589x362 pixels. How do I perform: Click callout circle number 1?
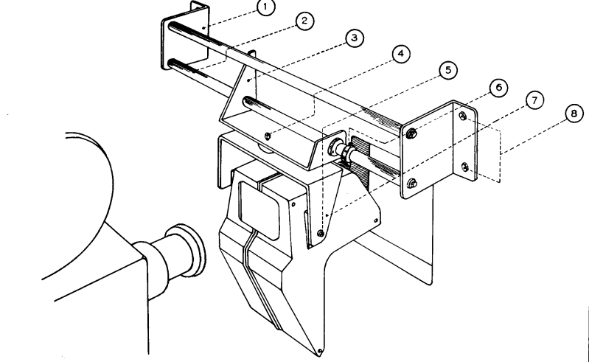(266, 7)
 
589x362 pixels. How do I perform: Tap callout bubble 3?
(355, 38)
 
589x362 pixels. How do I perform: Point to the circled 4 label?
(401, 54)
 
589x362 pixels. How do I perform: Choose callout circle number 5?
(448, 70)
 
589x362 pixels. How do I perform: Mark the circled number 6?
(498, 88)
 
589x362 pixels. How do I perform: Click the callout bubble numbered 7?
(534, 100)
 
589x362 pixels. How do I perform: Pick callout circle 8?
(574, 113)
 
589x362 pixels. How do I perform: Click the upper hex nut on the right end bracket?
(411, 133)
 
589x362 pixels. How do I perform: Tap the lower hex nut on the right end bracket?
(412, 184)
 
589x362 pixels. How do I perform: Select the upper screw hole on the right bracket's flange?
(463, 116)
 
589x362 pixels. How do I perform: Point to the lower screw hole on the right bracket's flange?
(465, 167)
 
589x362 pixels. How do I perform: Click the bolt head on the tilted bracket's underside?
(268, 136)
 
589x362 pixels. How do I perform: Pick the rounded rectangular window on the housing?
(259, 210)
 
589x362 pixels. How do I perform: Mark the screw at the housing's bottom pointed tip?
(319, 352)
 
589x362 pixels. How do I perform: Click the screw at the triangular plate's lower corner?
(321, 233)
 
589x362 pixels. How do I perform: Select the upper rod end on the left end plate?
(171, 27)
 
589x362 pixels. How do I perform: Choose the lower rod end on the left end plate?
(172, 63)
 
